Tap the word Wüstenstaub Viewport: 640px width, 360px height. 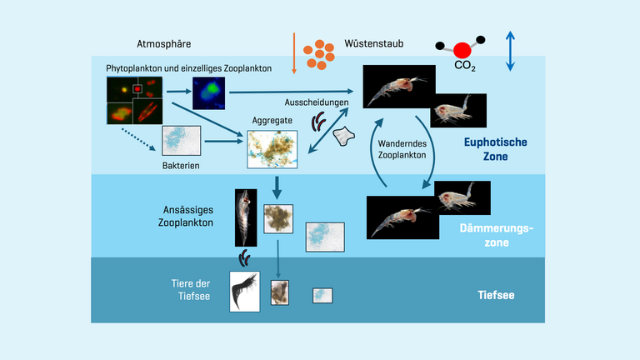tap(376, 43)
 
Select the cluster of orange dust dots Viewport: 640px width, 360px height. tap(320, 54)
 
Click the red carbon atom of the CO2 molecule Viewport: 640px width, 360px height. tap(462, 51)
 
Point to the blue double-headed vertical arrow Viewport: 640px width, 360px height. tap(511, 51)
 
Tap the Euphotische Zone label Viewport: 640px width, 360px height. tap(496, 148)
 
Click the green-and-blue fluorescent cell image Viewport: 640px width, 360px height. tap(208, 93)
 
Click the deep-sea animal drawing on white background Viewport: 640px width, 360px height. tap(244, 292)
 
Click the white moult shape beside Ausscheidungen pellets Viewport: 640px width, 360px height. tap(343, 135)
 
